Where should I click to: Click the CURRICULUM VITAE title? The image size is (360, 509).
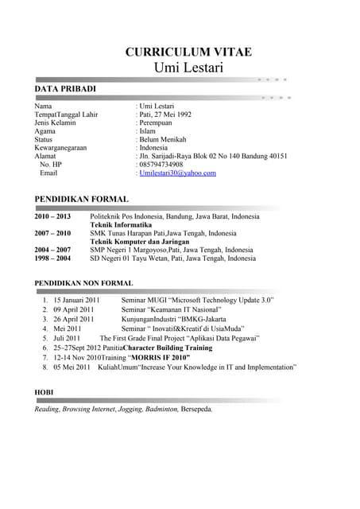(188, 52)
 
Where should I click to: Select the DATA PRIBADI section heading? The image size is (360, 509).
(65, 88)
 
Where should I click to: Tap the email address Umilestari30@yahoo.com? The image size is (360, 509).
(177, 173)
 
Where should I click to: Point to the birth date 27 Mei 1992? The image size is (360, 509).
(173, 115)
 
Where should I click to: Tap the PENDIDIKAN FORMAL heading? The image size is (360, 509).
(81, 199)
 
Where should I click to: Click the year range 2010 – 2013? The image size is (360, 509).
(52, 216)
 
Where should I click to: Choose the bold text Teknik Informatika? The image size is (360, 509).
(121, 225)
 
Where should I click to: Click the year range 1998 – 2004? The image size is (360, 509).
(52, 258)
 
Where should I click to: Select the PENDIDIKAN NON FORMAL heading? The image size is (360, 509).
(83, 283)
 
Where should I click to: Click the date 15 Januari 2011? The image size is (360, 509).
(76, 300)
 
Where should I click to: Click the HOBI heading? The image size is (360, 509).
(44, 392)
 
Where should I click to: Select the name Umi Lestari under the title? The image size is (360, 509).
(188, 68)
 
